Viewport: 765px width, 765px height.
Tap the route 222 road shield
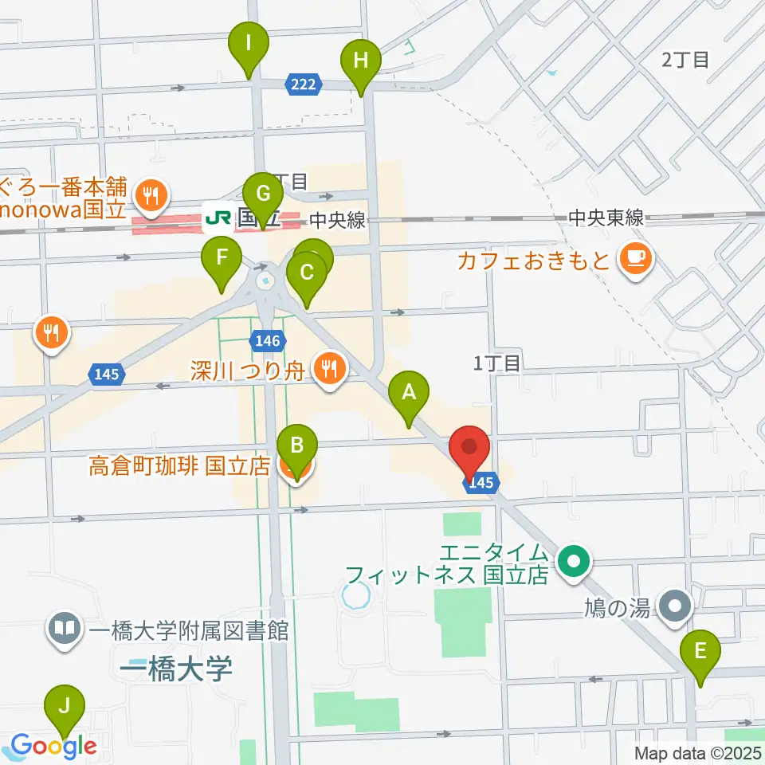[304, 84]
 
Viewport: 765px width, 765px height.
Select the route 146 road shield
[268, 341]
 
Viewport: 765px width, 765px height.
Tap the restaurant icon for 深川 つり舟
[328, 367]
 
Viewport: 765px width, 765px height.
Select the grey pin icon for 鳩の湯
[676, 607]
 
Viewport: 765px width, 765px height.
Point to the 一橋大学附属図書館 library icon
[65, 629]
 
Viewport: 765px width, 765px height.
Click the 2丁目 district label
[685, 59]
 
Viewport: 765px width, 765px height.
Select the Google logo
[53, 747]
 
